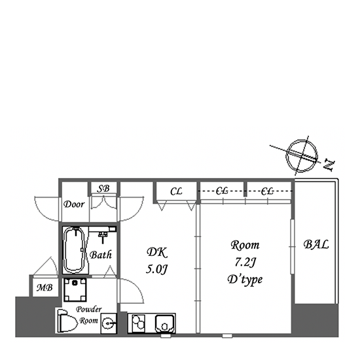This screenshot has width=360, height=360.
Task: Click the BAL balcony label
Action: (316, 245)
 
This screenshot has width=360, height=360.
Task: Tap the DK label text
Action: (157, 252)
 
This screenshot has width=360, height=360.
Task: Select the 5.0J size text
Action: (157, 269)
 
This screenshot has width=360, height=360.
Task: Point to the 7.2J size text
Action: (245, 262)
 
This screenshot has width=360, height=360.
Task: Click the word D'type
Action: (245, 279)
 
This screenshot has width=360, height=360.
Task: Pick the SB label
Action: (103, 189)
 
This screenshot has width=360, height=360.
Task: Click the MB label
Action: (45, 287)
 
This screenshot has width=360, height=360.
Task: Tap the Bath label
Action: (101, 255)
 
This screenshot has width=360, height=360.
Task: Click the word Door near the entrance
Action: (74, 204)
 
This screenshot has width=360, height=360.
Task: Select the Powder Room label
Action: (89, 315)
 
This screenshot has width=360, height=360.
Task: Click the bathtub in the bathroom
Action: (75, 250)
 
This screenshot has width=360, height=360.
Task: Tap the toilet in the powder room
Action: (66, 321)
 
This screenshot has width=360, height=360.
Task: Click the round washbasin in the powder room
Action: (108, 323)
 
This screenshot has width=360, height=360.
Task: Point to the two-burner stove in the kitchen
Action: (139, 323)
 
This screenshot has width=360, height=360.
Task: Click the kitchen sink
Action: (165, 323)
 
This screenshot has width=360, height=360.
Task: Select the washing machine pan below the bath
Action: (75, 290)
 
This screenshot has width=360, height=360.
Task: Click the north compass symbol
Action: (302, 155)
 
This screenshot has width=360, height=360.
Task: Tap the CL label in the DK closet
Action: (176, 191)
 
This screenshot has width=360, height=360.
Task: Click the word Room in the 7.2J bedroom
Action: (245, 245)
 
